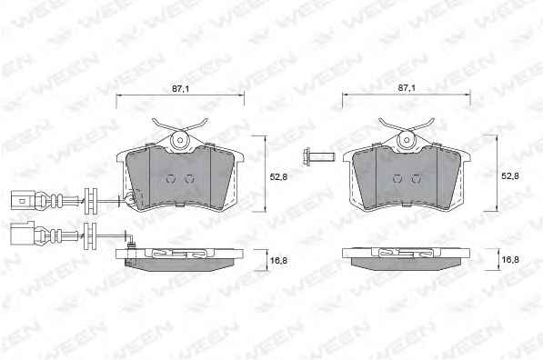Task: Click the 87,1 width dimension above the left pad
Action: pos(180,88)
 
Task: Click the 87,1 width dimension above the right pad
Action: pos(407,88)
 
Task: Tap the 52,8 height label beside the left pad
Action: pos(278,177)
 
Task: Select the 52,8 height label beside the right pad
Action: pos(510,176)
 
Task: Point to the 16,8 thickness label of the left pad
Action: pos(278,260)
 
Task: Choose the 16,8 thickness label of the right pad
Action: pos(510,260)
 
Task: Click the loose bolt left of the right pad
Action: pos(318,157)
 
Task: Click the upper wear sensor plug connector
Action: pos(23,200)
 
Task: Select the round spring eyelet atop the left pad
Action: pos(180,140)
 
